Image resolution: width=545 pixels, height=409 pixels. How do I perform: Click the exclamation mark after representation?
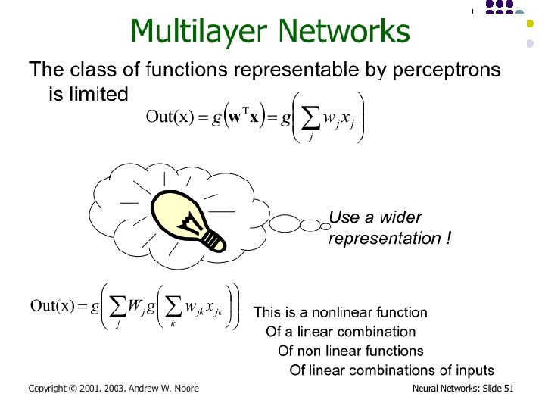tap(449, 239)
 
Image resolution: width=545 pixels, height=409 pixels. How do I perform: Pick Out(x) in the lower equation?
tap(53, 306)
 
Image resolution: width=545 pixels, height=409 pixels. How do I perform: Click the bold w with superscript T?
tap(240, 118)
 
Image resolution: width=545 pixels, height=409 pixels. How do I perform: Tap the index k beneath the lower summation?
tap(173, 325)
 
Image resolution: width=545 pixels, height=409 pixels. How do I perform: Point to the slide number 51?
tap(509, 389)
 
